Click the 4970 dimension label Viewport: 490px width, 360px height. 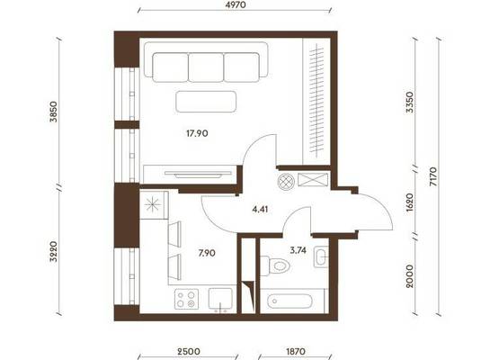[235, 4]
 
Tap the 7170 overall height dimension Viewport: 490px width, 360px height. [433, 176]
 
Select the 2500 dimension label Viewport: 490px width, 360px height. [188, 351]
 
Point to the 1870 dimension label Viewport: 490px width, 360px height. [295, 351]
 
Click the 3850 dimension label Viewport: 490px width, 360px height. [54, 112]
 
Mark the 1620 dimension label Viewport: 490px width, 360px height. [410, 202]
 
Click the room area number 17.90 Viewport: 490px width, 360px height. [197, 133]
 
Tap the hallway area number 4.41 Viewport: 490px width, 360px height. [260, 209]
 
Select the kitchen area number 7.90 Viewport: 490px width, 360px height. [207, 253]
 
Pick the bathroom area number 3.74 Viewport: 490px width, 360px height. [298, 250]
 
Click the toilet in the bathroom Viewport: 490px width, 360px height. [275, 265]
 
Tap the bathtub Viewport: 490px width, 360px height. [290, 301]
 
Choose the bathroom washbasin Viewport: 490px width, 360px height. [321, 256]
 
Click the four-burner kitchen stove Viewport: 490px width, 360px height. [186, 300]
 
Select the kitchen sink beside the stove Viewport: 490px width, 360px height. [220, 300]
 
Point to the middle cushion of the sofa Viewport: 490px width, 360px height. [206, 67]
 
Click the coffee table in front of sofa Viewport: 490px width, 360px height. [206, 102]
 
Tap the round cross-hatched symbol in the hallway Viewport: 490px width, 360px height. [286, 182]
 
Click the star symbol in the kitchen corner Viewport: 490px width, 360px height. [153, 205]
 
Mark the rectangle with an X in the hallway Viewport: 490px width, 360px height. [313, 180]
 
